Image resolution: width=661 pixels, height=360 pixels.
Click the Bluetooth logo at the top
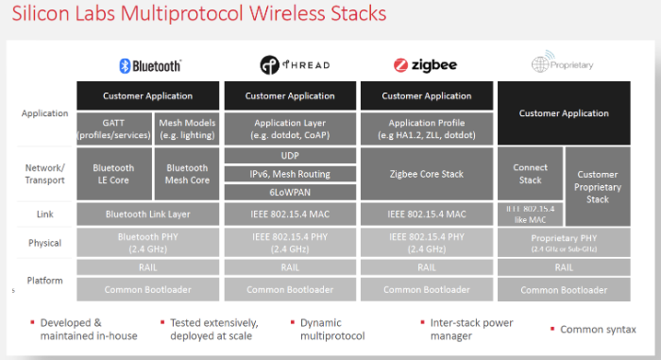pyautogui.click(x=149, y=65)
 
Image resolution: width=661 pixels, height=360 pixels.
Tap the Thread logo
pyautogui.click(x=290, y=65)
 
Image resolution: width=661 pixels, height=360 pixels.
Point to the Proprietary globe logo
pyautogui.click(x=564, y=65)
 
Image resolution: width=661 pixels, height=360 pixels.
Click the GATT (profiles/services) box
pyautogui.click(x=113, y=129)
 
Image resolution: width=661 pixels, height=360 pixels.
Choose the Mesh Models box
pyautogui.click(x=185, y=129)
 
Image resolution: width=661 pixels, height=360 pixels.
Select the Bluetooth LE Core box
pyautogui.click(x=113, y=174)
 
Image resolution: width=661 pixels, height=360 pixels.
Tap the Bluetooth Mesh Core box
pyautogui.click(x=185, y=174)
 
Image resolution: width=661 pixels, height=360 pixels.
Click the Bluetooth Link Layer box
pyautogui.click(x=148, y=214)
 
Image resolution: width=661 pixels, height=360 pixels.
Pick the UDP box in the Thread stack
pyautogui.click(x=290, y=155)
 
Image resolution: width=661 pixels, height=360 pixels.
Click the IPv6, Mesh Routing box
pyautogui.click(x=290, y=174)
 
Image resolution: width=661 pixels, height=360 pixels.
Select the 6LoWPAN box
pyautogui.click(x=290, y=193)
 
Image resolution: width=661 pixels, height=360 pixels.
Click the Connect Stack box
pyautogui.click(x=530, y=174)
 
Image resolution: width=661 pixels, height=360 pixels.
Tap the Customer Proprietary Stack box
pyautogui.click(x=598, y=187)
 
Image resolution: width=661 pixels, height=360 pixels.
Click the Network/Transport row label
pyautogui.click(x=43, y=173)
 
